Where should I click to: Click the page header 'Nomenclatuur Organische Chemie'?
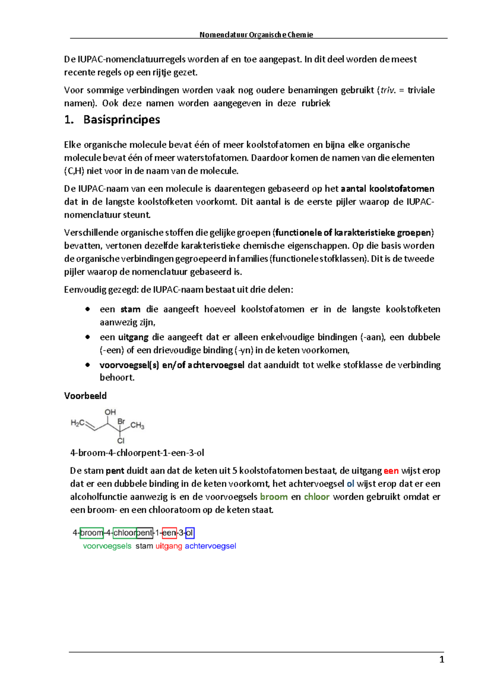point(256,35)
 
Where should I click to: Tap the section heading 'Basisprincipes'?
point(122,119)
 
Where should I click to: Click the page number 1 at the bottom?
point(441,660)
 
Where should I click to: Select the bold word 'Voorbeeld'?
point(85,396)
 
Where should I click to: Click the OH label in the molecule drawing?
point(110,412)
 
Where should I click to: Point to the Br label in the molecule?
point(121,421)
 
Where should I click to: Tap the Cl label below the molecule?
point(121,441)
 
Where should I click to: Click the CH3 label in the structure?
point(137,426)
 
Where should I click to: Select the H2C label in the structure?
point(78,423)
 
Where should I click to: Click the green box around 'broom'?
point(92,533)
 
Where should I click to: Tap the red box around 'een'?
point(169,533)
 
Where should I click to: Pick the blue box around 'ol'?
point(189,533)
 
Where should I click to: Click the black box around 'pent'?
point(144,533)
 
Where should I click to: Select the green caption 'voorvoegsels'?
point(107,546)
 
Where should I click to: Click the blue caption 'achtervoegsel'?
point(210,546)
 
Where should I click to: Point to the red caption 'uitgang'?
point(169,546)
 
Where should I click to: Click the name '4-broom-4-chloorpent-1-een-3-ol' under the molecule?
point(137,453)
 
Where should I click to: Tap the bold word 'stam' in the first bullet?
point(130,309)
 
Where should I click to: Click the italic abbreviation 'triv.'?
point(388,90)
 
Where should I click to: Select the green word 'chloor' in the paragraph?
point(316,497)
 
